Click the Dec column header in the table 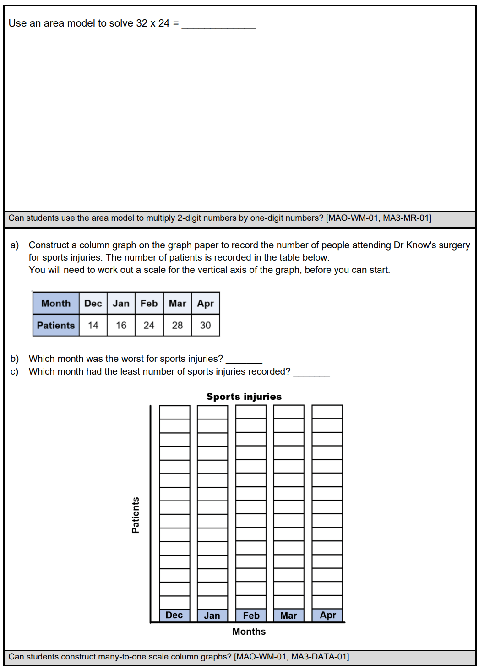[x=93, y=303]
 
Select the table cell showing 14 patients [x=93, y=325]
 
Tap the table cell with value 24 [x=149, y=325]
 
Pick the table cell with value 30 [x=205, y=325]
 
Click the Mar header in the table [x=177, y=303]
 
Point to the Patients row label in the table [x=56, y=325]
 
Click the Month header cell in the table [x=56, y=303]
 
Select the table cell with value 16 [x=121, y=325]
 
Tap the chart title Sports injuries [x=244, y=397]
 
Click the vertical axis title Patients [x=136, y=515]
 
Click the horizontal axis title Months [x=249, y=632]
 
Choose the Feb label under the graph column [x=251, y=616]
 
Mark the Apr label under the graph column [x=327, y=615]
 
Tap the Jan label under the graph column [x=212, y=616]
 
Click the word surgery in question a [x=454, y=245]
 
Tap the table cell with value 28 [x=177, y=325]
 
